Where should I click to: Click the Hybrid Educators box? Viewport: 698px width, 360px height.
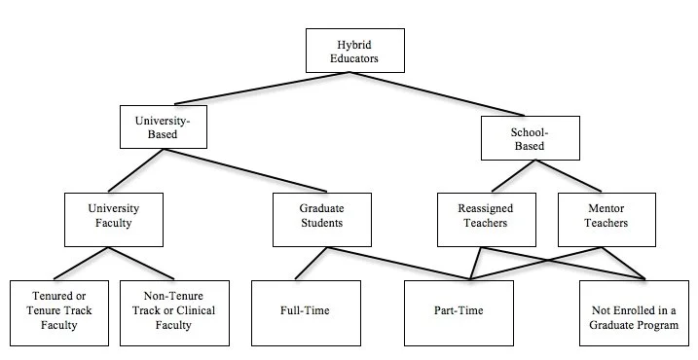(x=355, y=51)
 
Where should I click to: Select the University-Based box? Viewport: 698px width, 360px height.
(x=164, y=126)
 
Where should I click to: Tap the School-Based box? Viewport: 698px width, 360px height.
(x=531, y=138)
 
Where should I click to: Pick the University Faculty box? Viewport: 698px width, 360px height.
(x=114, y=220)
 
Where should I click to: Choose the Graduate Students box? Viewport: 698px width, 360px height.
(x=322, y=220)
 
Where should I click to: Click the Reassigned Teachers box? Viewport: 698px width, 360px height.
(x=487, y=220)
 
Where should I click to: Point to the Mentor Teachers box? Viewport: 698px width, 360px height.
(x=606, y=220)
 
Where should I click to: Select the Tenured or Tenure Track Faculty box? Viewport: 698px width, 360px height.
(x=59, y=313)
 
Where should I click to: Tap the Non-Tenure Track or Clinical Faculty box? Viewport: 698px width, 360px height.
(x=174, y=313)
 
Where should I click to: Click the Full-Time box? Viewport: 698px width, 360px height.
(x=306, y=313)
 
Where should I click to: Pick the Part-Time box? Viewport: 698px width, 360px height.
(x=459, y=313)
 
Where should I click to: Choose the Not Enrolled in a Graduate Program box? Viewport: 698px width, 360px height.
(x=634, y=313)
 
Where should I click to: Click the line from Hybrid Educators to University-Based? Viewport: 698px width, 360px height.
(x=262, y=89)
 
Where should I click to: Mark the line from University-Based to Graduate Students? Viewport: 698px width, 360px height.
(x=245, y=170)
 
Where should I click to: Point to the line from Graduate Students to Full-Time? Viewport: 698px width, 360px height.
(x=312, y=264)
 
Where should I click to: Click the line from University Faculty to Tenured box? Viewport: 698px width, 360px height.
(x=81, y=264)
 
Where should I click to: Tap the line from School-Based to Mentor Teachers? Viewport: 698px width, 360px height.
(x=569, y=176)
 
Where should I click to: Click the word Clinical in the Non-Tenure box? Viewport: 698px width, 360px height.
(x=194, y=310)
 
